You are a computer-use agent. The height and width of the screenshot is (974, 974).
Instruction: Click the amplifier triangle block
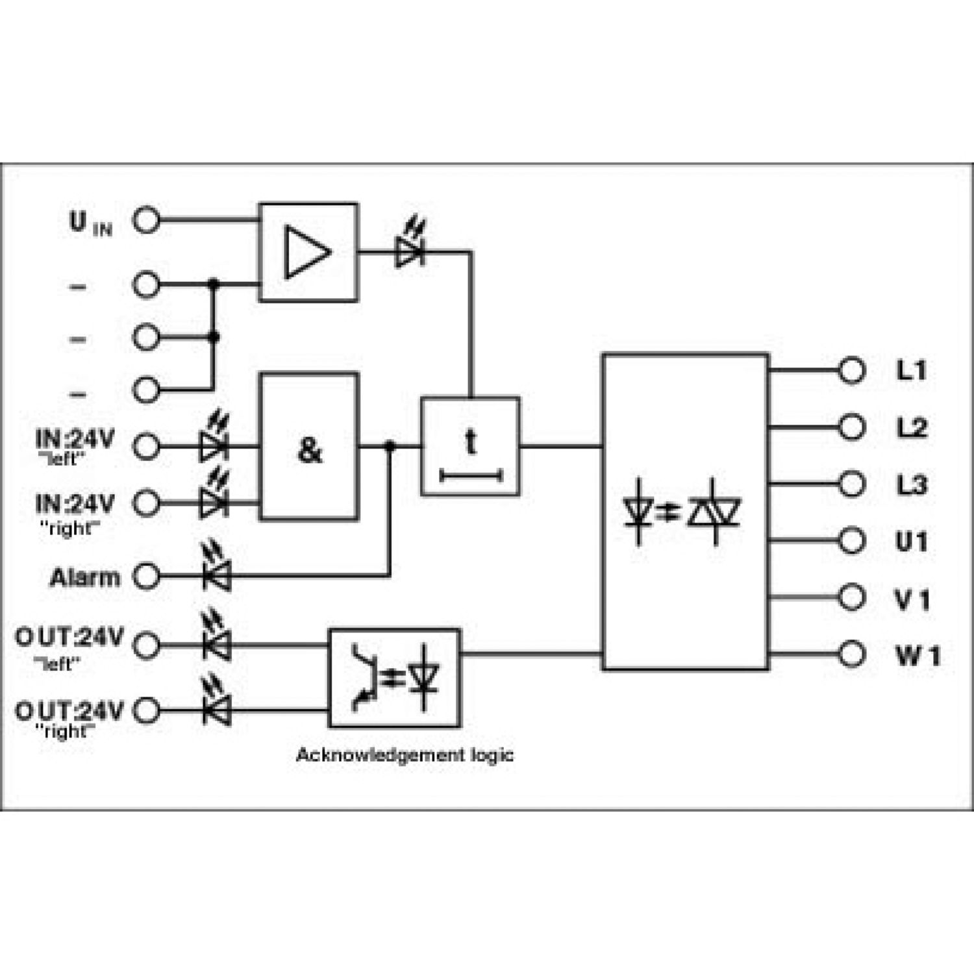click(x=308, y=252)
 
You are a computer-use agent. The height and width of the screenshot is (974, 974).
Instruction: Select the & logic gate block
click(x=309, y=447)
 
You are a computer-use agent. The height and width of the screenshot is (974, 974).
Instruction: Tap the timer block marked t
click(x=470, y=447)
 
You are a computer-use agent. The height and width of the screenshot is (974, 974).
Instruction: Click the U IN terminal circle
click(x=146, y=220)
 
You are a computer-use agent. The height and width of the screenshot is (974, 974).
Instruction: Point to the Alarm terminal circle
click(x=146, y=576)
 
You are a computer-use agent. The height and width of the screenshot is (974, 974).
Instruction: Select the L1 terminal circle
click(x=852, y=370)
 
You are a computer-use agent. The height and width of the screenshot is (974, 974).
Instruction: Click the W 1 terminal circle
click(x=852, y=653)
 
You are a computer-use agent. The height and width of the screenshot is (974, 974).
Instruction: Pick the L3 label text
click(x=912, y=485)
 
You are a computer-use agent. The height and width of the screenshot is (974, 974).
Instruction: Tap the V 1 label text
click(x=912, y=599)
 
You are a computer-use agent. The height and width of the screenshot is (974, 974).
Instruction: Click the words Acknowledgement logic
click(x=405, y=755)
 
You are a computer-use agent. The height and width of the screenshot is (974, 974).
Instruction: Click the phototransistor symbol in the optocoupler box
click(x=364, y=678)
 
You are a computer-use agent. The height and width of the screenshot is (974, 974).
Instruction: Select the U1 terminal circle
click(x=852, y=540)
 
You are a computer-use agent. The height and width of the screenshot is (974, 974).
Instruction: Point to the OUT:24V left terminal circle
click(x=146, y=645)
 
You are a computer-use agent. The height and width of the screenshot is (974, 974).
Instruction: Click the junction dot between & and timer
click(x=390, y=446)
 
